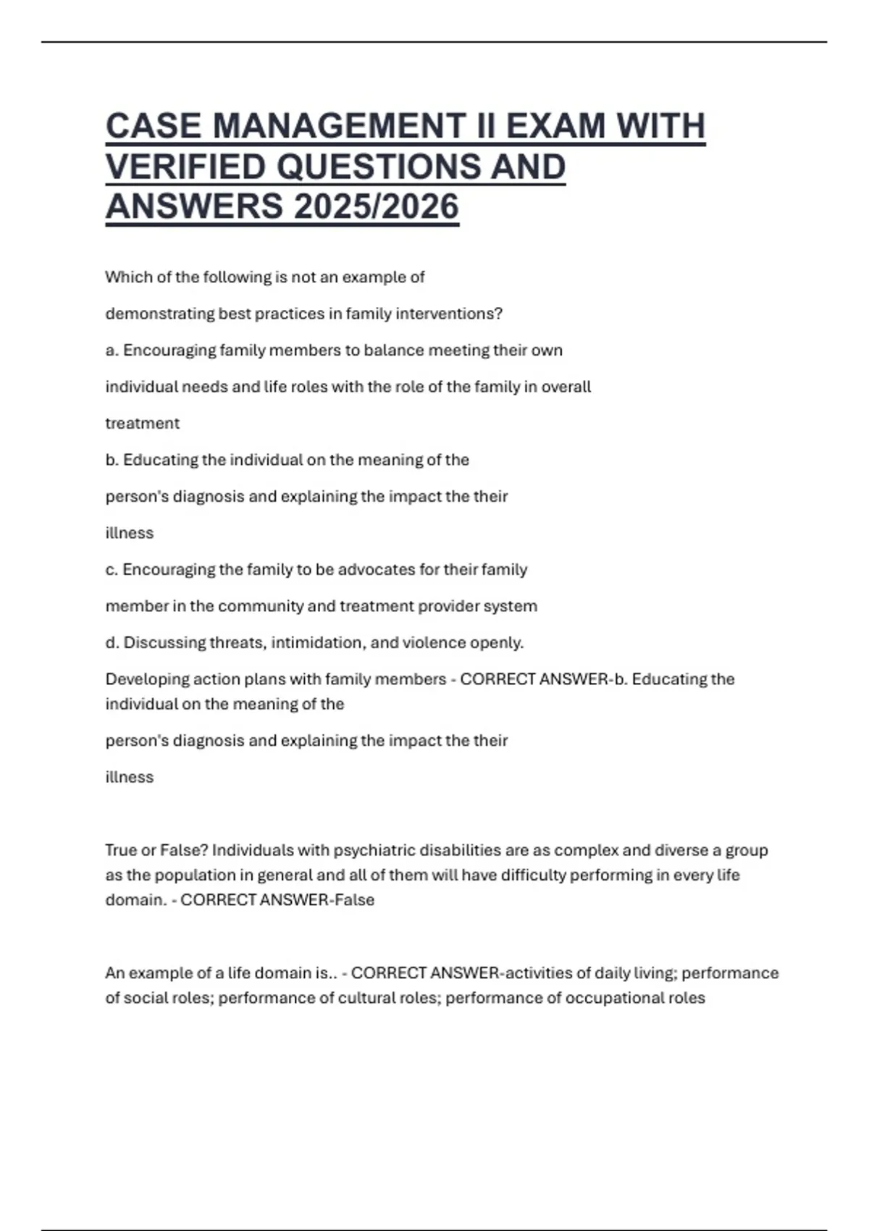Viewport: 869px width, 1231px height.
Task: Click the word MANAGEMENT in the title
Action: point(338,126)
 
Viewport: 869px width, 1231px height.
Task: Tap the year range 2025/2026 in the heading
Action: point(377,207)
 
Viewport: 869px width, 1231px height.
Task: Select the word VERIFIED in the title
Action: point(185,167)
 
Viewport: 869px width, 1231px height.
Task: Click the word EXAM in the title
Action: point(555,126)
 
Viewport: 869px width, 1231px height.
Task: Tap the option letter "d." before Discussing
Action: point(112,643)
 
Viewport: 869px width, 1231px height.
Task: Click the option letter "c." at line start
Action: point(112,570)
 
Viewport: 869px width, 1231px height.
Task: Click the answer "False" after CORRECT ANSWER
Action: point(354,900)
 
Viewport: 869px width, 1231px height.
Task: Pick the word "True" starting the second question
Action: point(121,850)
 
